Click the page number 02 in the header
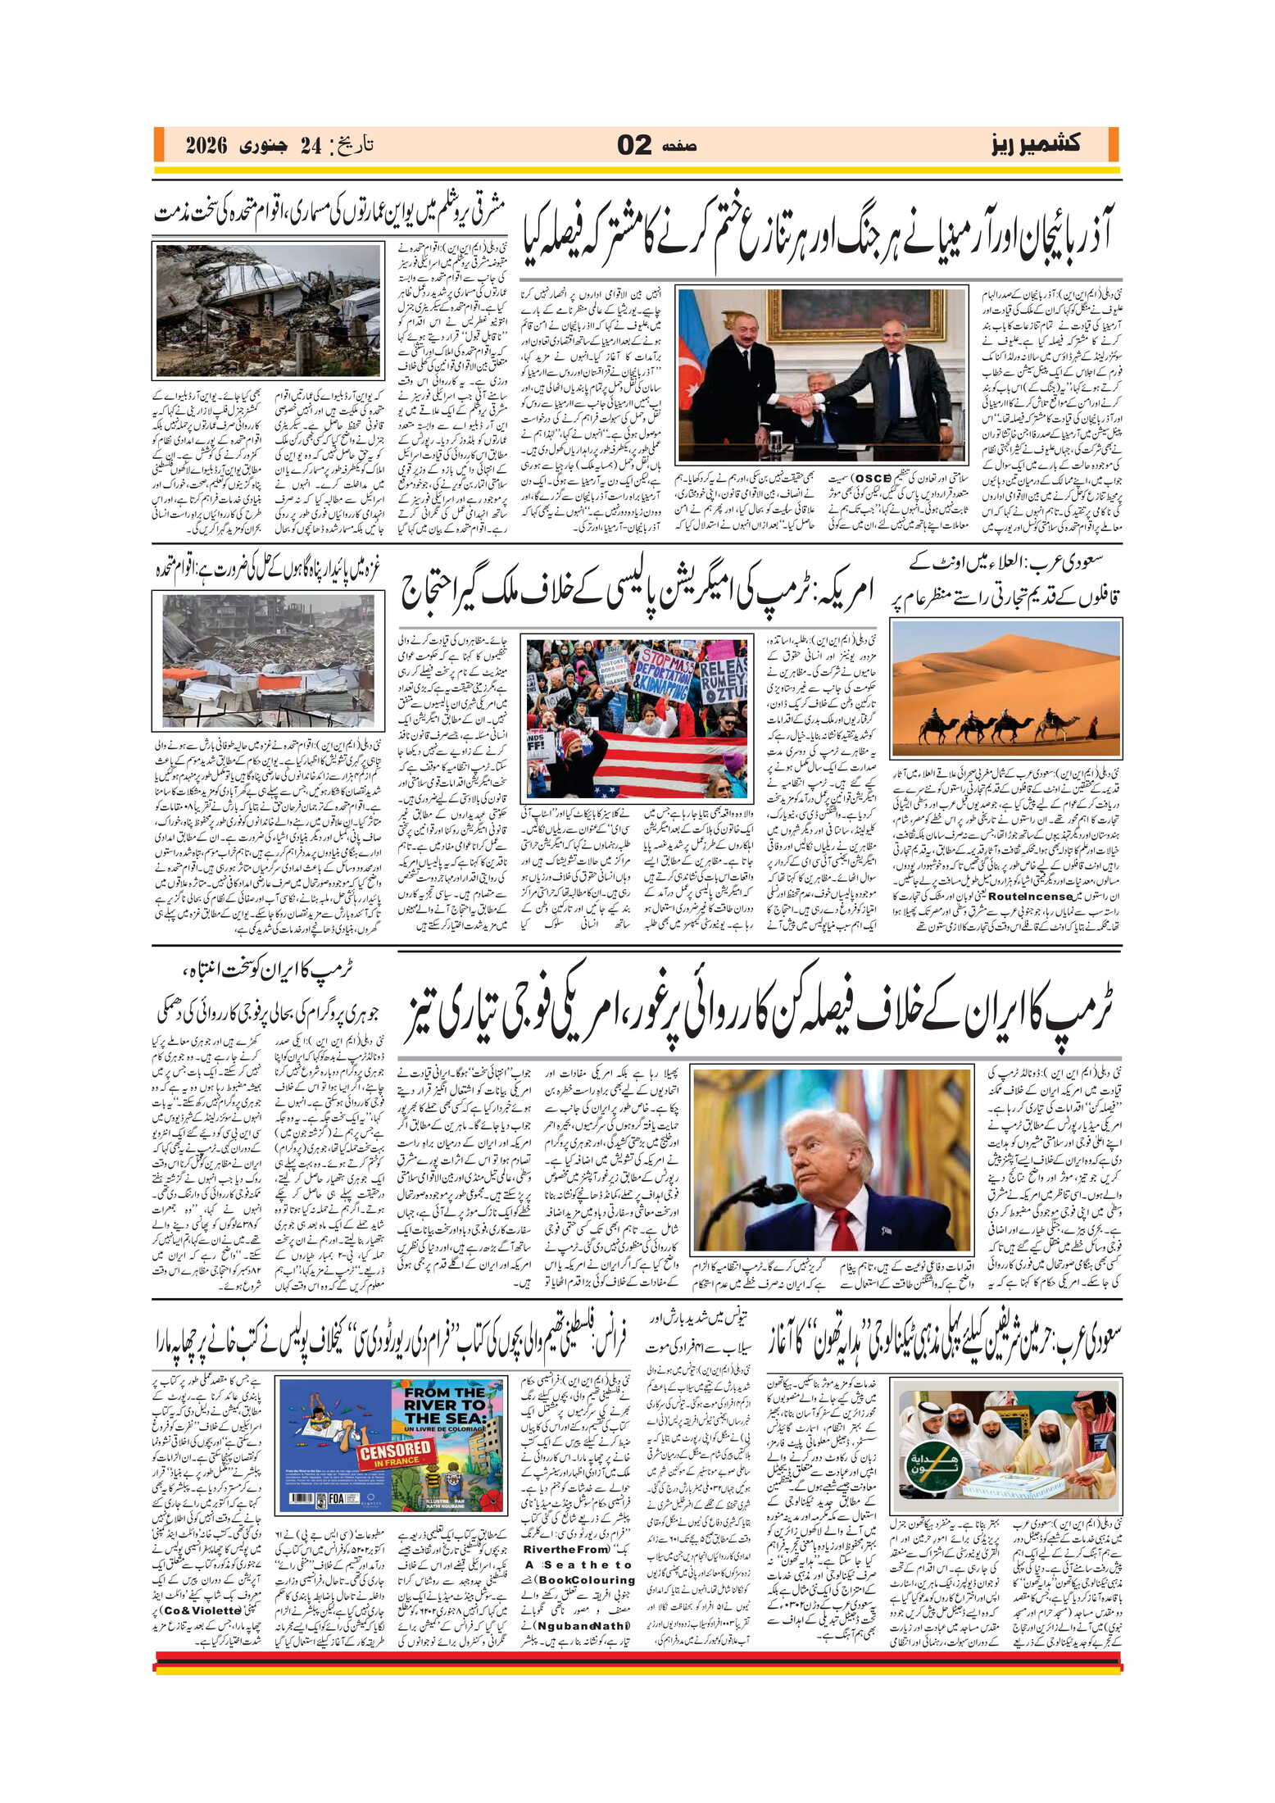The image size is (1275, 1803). pyautogui.click(x=634, y=145)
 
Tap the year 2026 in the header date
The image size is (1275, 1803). pyautogui.click(x=206, y=146)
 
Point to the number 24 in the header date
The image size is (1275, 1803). pyautogui.click(x=311, y=146)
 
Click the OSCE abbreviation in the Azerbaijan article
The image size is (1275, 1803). pyautogui.click(x=873, y=478)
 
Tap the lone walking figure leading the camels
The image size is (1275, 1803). pyautogui.click(x=1091, y=727)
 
